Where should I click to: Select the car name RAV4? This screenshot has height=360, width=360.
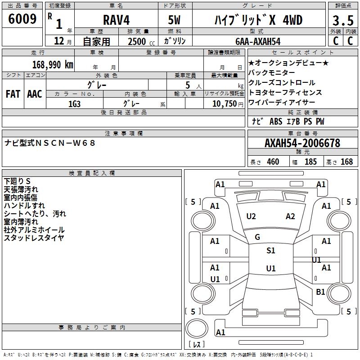116,20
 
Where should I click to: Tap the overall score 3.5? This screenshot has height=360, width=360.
342,21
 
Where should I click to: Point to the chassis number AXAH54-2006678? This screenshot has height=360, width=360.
302,143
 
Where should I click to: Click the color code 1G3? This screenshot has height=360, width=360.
74,103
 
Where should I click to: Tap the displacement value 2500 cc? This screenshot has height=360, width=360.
137,41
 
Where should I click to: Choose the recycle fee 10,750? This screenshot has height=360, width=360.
224,103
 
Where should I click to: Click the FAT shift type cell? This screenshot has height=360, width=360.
13,94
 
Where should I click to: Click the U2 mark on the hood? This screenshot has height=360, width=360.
251,216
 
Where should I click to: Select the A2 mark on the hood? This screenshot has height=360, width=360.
290,216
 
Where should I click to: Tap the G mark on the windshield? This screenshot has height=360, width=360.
257,237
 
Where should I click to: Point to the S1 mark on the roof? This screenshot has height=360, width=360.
270,251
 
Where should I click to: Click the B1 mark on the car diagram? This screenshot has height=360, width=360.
320,292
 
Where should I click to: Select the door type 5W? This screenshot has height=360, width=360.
175,20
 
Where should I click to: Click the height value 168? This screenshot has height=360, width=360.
346,162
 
